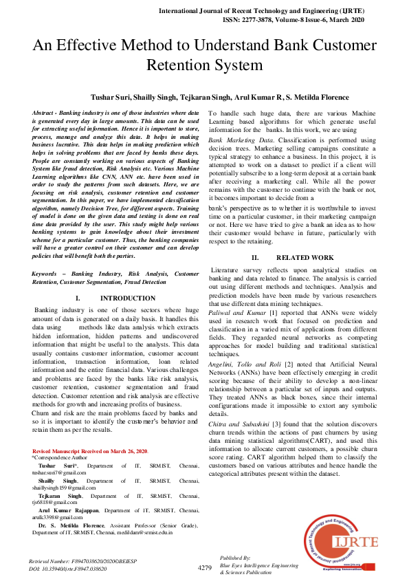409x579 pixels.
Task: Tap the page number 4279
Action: [204, 567]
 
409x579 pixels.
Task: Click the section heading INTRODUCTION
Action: [128, 298]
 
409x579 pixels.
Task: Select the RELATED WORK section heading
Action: [310, 257]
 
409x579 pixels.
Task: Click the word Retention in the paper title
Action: [179, 65]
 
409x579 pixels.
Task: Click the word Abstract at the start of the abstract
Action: [45, 112]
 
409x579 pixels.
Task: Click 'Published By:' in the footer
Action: [235, 558]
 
